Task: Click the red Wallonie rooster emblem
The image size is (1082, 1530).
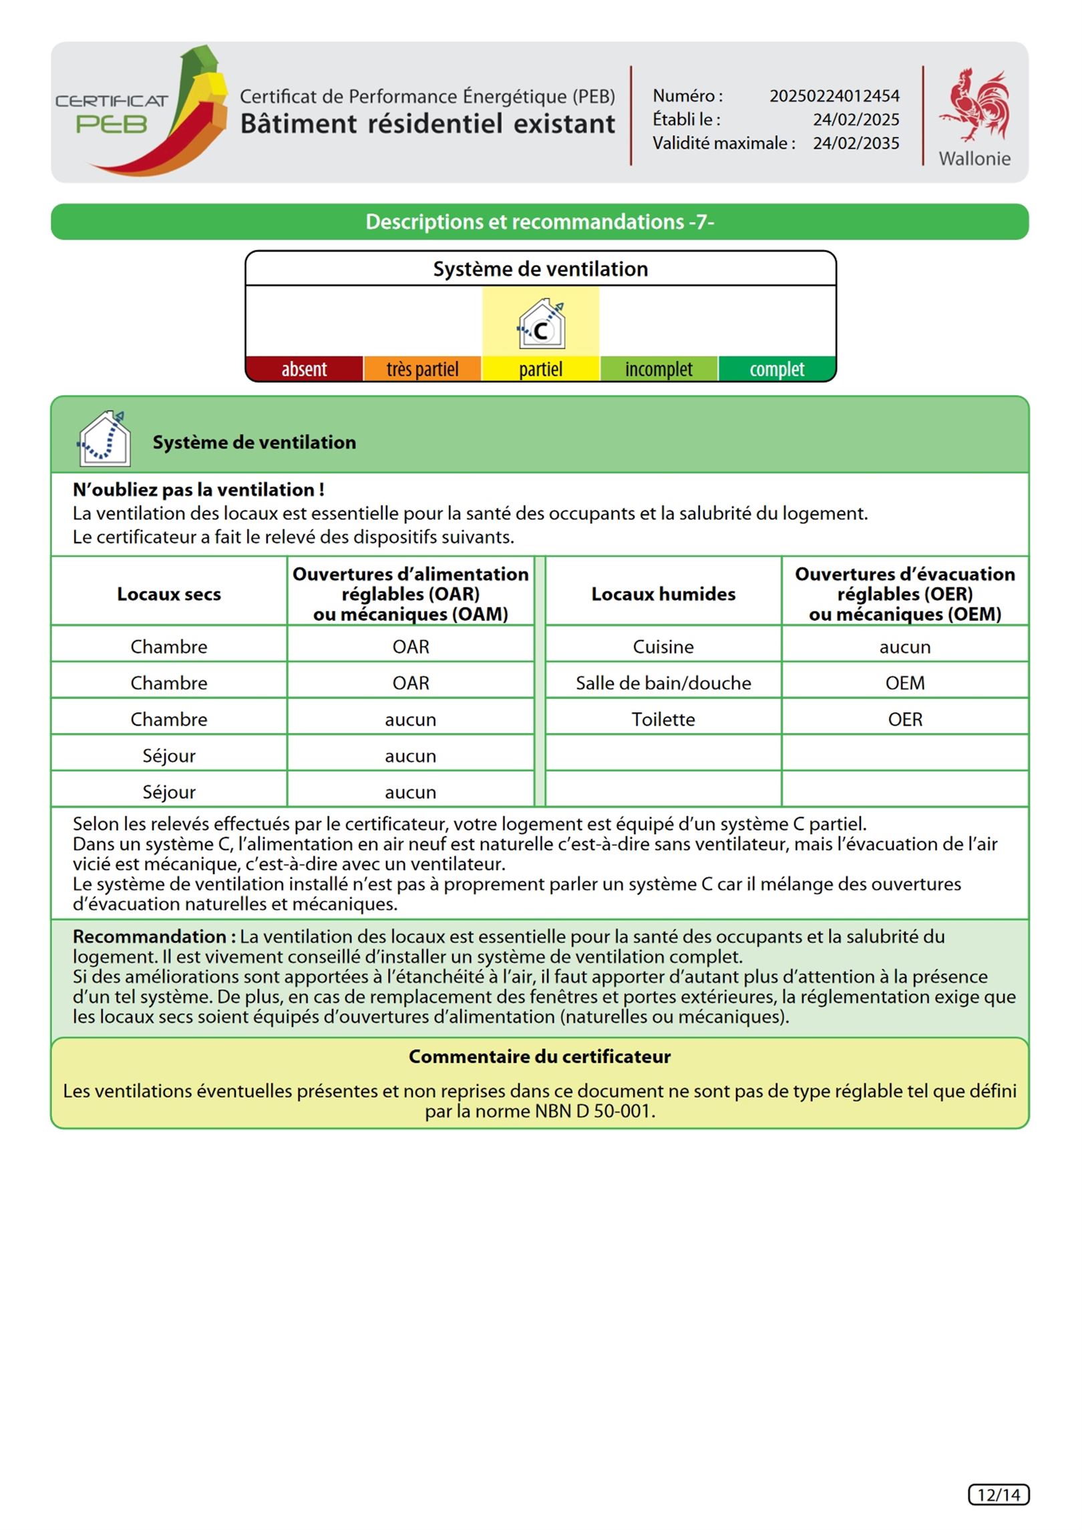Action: pos(974,105)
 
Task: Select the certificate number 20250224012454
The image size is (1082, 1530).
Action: pos(834,96)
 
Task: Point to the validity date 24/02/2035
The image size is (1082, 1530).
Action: pos(856,144)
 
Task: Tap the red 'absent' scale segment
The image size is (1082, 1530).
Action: pos(305,369)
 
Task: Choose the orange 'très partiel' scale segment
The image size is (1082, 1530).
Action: pos(422,369)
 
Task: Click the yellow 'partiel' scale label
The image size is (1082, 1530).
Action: pos(540,369)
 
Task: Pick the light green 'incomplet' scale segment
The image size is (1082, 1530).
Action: pos(659,369)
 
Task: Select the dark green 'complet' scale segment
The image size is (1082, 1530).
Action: pos(777,369)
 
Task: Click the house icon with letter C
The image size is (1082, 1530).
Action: pos(541,325)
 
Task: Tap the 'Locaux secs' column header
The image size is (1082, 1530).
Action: pos(169,594)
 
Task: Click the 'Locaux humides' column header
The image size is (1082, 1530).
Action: pos(663,594)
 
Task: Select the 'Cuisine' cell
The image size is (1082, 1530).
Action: pos(663,647)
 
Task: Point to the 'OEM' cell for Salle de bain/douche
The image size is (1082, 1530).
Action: pos(905,683)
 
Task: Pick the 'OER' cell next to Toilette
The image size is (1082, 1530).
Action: pos(905,720)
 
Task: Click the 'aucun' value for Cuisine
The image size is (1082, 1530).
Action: pos(905,647)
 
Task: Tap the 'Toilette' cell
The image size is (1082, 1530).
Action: pos(663,720)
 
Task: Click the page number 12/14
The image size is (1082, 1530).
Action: pos(999,1495)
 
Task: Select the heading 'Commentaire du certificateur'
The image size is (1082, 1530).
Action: pos(540,1057)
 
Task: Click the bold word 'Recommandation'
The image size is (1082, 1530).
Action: pos(150,937)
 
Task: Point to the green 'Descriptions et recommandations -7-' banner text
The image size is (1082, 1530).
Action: pos(540,222)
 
